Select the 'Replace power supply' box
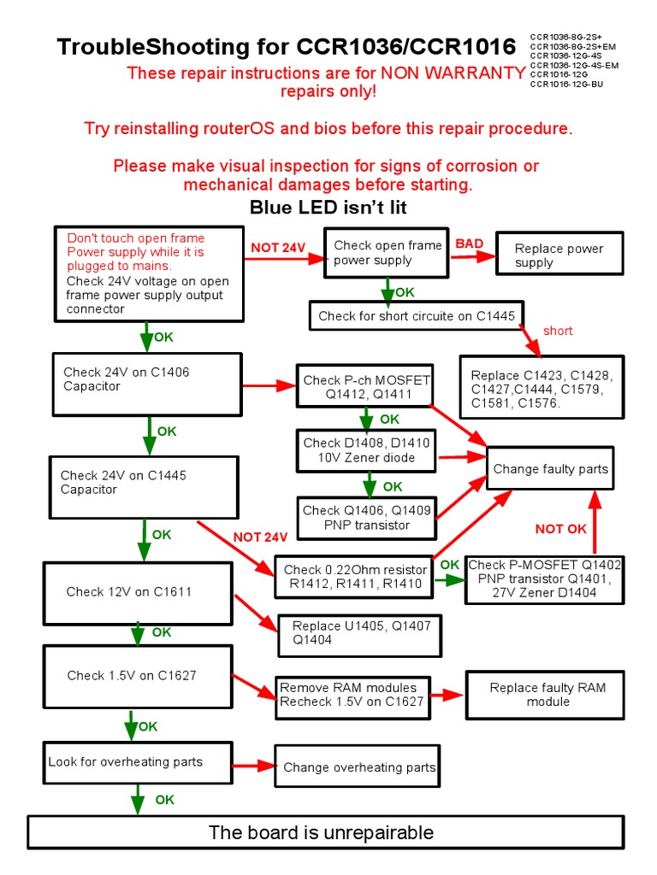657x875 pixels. pyautogui.click(x=559, y=254)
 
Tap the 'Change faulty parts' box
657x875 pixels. pyautogui.click(x=550, y=468)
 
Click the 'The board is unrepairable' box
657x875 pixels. pyautogui.click(x=322, y=832)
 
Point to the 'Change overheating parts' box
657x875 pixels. pyautogui.click(x=358, y=767)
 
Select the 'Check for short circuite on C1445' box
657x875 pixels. pyautogui.click(x=416, y=315)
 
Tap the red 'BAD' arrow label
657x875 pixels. pyautogui.click(x=469, y=244)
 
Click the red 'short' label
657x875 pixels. pyautogui.click(x=558, y=331)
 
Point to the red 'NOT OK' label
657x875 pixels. pyautogui.click(x=561, y=529)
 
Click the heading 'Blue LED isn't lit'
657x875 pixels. pyautogui.click(x=328, y=207)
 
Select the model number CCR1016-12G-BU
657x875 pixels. pyautogui.click(x=566, y=84)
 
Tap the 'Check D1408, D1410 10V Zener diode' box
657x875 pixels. pyautogui.click(x=366, y=450)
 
